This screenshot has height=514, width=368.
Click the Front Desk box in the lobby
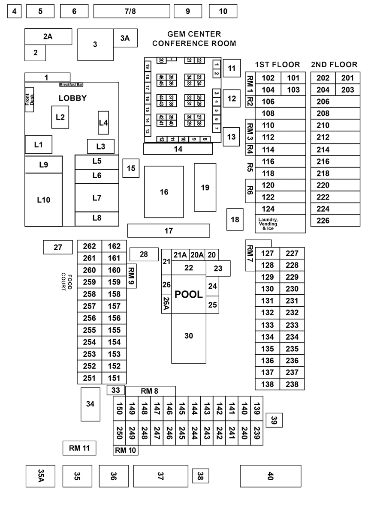(x=29, y=100)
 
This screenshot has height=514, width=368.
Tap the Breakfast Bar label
(x=71, y=85)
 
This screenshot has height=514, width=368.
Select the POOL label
(x=189, y=295)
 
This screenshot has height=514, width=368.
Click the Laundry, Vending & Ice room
(x=268, y=224)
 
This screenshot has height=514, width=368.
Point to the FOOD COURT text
(x=66, y=281)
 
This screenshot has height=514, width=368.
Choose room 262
(x=90, y=246)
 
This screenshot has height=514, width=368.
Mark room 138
(x=268, y=384)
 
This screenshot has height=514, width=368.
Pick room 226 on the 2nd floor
(x=323, y=221)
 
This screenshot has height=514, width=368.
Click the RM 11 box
(x=79, y=448)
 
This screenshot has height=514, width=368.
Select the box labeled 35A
(x=41, y=476)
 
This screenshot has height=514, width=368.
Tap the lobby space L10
(x=43, y=200)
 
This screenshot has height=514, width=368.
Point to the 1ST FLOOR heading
(x=278, y=65)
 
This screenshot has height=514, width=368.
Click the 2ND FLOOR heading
(x=334, y=65)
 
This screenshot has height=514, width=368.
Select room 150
(x=119, y=409)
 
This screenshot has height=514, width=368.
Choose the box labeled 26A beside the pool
(x=166, y=304)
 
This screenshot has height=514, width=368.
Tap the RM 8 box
(x=150, y=391)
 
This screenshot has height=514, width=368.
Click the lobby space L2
(x=60, y=117)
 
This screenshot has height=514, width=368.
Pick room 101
(x=293, y=78)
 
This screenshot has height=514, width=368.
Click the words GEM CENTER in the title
(x=194, y=34)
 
